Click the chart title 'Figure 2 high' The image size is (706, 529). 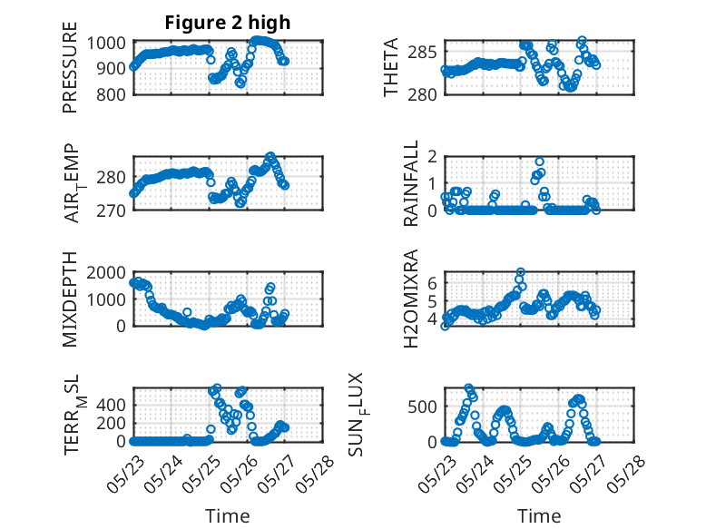click(x=228, y=23)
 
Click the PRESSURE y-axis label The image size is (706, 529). click(x=70, y=67)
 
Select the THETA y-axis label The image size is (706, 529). click(x=391, y=67)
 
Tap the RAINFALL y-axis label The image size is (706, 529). click(x=411, y=182)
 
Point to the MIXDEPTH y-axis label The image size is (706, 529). click(x=70, y=299)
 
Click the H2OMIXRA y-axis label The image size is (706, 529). click(x=411, y=299)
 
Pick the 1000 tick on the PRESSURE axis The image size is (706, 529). click(x=106, y=44)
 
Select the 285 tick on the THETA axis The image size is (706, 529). click(x=422, y=53)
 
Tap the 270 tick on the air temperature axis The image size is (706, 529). click(x=111, y=211)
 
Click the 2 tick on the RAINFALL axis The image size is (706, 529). click(x=432, y=157)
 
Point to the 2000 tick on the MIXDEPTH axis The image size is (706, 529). click(x=106, y=272)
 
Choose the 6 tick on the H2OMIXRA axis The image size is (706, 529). click(x=432, y=283)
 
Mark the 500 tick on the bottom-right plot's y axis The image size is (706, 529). click(x=422, y=407)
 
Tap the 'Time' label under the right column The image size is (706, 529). click(x=539, y=516)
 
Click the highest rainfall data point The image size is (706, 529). click(x=539, y=162)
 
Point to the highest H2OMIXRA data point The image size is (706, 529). click(x=521, y=272)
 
